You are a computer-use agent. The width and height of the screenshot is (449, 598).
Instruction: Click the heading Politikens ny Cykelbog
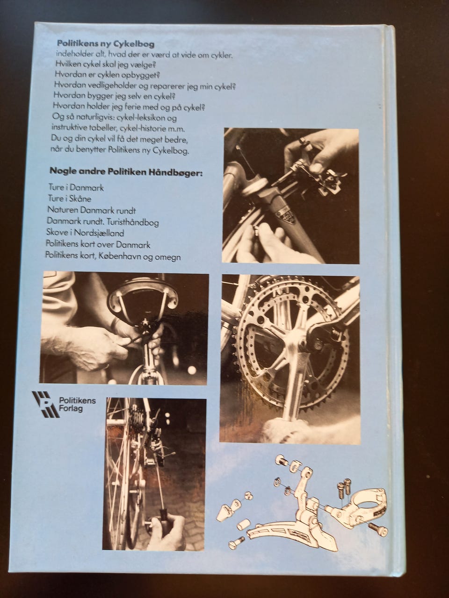105,44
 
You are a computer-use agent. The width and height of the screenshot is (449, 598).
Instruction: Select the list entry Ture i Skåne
70,199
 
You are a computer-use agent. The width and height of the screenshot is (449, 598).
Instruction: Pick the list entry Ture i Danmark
76,187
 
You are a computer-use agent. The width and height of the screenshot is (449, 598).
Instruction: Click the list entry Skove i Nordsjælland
85,233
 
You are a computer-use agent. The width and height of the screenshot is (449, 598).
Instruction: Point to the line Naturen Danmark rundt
91,210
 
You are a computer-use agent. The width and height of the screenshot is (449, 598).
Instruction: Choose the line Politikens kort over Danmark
98,245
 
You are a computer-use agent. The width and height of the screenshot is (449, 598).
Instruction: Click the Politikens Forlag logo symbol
45,404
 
